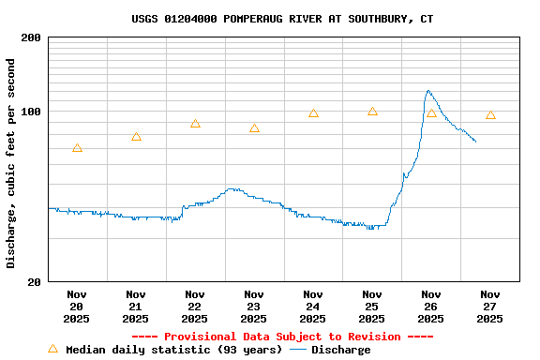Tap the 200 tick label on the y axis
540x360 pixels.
point(31,38)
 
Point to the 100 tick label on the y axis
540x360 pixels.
point(31,112)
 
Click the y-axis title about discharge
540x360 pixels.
point(11,163)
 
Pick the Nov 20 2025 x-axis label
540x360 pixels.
point(77,306)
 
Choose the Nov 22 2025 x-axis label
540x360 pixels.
point(195,306)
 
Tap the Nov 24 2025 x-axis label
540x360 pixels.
point(313,306)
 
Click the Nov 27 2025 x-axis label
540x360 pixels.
point(490,306)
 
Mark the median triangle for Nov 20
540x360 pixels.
point(77,148)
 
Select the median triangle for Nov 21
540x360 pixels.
point(136,137)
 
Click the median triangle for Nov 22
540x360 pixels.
point(195,124)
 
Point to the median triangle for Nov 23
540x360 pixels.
point(254,128)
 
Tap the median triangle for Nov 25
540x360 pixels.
point(372,112)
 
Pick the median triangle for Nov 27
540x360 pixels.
point(490,115)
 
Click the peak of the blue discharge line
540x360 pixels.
point(427,91)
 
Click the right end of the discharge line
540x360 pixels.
point(475,142)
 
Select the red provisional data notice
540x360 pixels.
point(282,337)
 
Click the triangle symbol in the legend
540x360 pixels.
point(52,349)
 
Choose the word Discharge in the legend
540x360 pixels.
point(340,350)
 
